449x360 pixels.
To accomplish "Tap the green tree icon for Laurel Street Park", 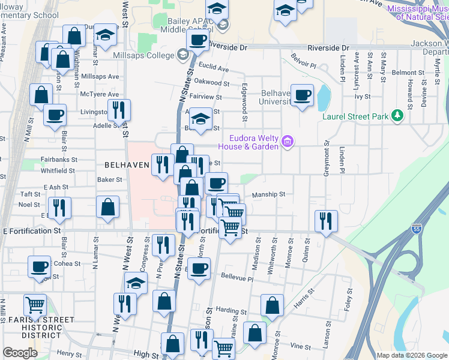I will click(396, 116).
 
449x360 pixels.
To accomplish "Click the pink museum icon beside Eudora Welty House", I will click(288, 142).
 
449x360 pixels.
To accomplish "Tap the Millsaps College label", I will click(143, 55).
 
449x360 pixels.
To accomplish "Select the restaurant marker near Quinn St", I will click(326, 220).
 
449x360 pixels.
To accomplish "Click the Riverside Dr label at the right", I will click(328, 47).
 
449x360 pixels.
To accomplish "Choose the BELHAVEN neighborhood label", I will click(127, 164).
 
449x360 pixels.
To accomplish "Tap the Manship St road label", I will click(268, 194).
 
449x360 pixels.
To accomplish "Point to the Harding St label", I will click(228, 310).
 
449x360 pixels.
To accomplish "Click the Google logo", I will click(20, 353).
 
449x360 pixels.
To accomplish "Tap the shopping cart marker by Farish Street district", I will click(35, 305).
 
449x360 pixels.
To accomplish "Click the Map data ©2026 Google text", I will click(411, 355).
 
